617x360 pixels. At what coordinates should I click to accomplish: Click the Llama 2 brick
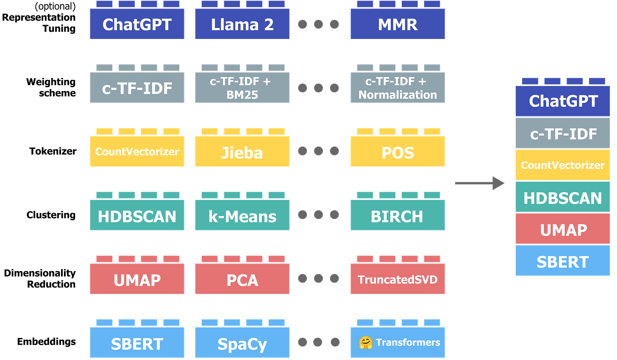(242, 25)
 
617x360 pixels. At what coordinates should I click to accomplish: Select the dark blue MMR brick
(397, 25)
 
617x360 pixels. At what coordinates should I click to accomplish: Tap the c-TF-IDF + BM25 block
(242, 88)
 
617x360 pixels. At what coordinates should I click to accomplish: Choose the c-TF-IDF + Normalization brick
(397, 88)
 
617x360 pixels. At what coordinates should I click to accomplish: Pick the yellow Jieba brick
(242, 152)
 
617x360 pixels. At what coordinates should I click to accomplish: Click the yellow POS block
(397, 152)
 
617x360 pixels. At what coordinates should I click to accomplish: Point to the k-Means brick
(242, 216)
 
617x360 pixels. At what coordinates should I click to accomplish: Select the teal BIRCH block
(397, 216)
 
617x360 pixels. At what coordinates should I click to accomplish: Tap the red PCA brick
(242, 280)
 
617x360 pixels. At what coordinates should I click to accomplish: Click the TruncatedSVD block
(397, 280)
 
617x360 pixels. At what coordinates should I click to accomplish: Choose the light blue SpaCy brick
(242, 343)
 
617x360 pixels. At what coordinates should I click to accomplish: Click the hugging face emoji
(365, 343)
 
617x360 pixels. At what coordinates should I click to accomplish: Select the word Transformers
(408, 343)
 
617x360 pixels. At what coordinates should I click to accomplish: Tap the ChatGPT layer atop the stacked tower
(563, 101)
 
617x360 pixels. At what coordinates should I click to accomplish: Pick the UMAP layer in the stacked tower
(563, 230)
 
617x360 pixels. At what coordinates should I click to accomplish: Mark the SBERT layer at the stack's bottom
(563, 262)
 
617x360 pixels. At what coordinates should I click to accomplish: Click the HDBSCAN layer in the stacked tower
(563, 198)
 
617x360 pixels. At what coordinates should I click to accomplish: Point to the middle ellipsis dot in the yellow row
(318, 151)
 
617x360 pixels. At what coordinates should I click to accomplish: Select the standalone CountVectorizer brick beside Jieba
(137, 152)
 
